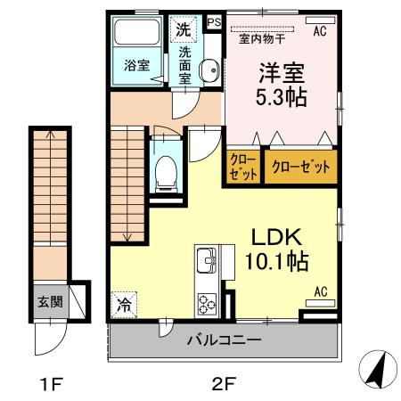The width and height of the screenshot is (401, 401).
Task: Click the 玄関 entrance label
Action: (50, 300)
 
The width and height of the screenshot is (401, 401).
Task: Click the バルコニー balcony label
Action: (224, 340)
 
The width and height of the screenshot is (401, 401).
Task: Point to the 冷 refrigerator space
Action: (124, 304)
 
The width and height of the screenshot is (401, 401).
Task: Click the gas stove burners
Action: (207, 302)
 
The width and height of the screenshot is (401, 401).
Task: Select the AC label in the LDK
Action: (323, 291)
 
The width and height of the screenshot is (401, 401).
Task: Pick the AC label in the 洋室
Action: (318, 29)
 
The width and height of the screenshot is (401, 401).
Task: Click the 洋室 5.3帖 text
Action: (282, 85)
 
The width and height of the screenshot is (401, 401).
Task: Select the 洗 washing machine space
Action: (183, 29)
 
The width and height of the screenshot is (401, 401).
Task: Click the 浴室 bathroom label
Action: (135, 65)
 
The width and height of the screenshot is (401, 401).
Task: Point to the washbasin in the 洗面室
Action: (209, 73)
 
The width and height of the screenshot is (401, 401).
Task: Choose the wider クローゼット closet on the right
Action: (300, 167)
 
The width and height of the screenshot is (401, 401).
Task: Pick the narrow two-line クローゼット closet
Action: (243, 166)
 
